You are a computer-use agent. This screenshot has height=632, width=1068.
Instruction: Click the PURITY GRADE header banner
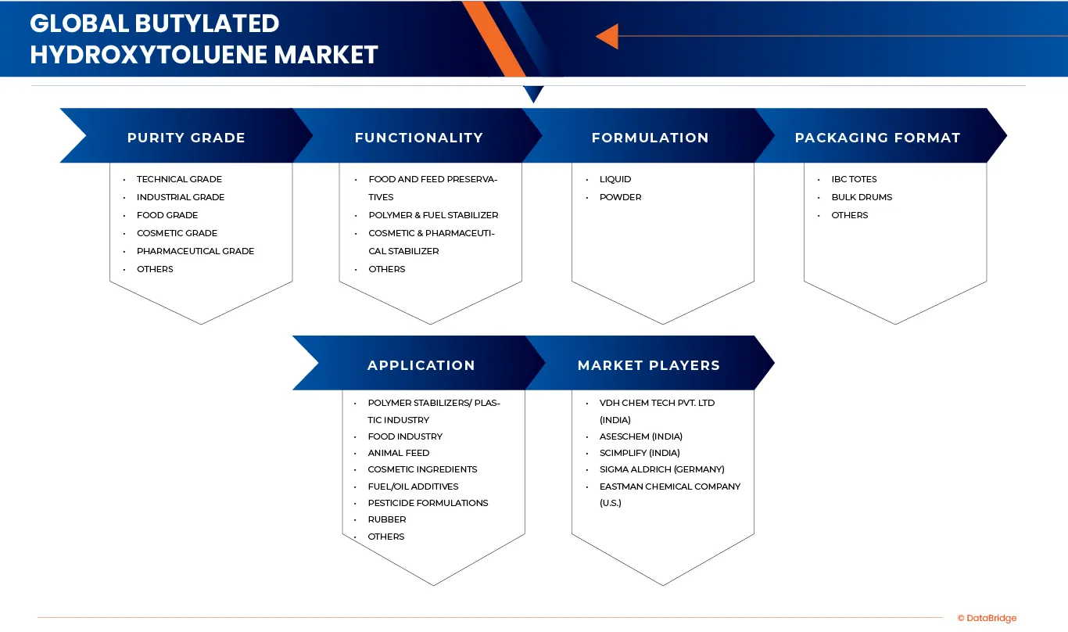(x=186, y=138)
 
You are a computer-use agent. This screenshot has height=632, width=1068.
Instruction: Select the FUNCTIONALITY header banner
(x=418, y=138)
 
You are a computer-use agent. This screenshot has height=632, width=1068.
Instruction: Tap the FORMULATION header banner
(x=650, y=138)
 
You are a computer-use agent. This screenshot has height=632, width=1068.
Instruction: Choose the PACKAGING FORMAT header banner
(x=877, y=138)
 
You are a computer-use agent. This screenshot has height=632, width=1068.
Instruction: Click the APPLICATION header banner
(x=421, y=365)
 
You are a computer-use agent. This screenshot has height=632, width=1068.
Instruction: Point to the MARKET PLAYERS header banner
(x=649, y=365)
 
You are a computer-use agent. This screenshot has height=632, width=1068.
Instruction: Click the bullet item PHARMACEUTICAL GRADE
(x=195, y=251)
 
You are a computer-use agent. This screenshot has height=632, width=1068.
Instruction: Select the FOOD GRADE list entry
(x=167, y=215)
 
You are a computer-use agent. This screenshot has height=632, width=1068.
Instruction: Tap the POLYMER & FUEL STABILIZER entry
(x=433, y=215)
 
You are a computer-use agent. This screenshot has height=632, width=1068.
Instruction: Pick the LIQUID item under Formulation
(x=615, y=179)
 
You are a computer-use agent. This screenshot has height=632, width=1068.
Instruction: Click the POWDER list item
(x=620, y=197)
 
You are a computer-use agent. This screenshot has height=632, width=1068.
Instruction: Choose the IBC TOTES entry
(x=854, y=179)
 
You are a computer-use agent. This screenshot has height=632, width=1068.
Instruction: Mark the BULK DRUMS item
(x=862, y=197)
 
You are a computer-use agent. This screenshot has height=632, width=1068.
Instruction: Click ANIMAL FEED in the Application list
(x=399, y=453)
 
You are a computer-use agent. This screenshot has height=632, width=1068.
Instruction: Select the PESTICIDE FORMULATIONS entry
(x=428, y=503)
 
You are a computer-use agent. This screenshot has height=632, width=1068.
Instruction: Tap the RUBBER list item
(x=387, y=519)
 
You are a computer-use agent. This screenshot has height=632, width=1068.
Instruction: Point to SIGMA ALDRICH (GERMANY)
(x=662, y=469)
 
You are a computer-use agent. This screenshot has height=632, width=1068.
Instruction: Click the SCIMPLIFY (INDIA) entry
(x=640, y=453)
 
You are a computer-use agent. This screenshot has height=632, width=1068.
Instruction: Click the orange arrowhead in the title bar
(x=607, y=36)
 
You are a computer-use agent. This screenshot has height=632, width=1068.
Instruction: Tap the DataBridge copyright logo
(x=987, y=618)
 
